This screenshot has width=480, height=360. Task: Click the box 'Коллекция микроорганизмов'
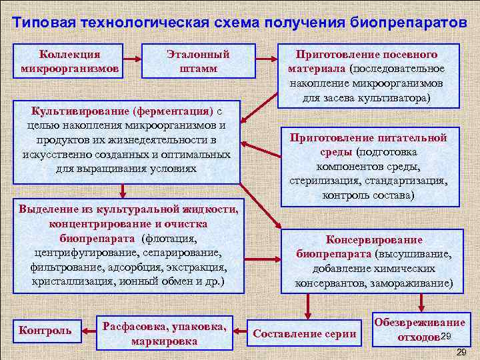[x=70, y=61]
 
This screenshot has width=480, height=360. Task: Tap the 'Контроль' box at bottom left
[x=46, y=330]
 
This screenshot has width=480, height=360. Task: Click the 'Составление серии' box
[x=304, y=333]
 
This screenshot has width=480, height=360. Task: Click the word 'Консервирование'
[x=373, y=240]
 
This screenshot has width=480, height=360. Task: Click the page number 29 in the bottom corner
[x=459, y=351]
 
